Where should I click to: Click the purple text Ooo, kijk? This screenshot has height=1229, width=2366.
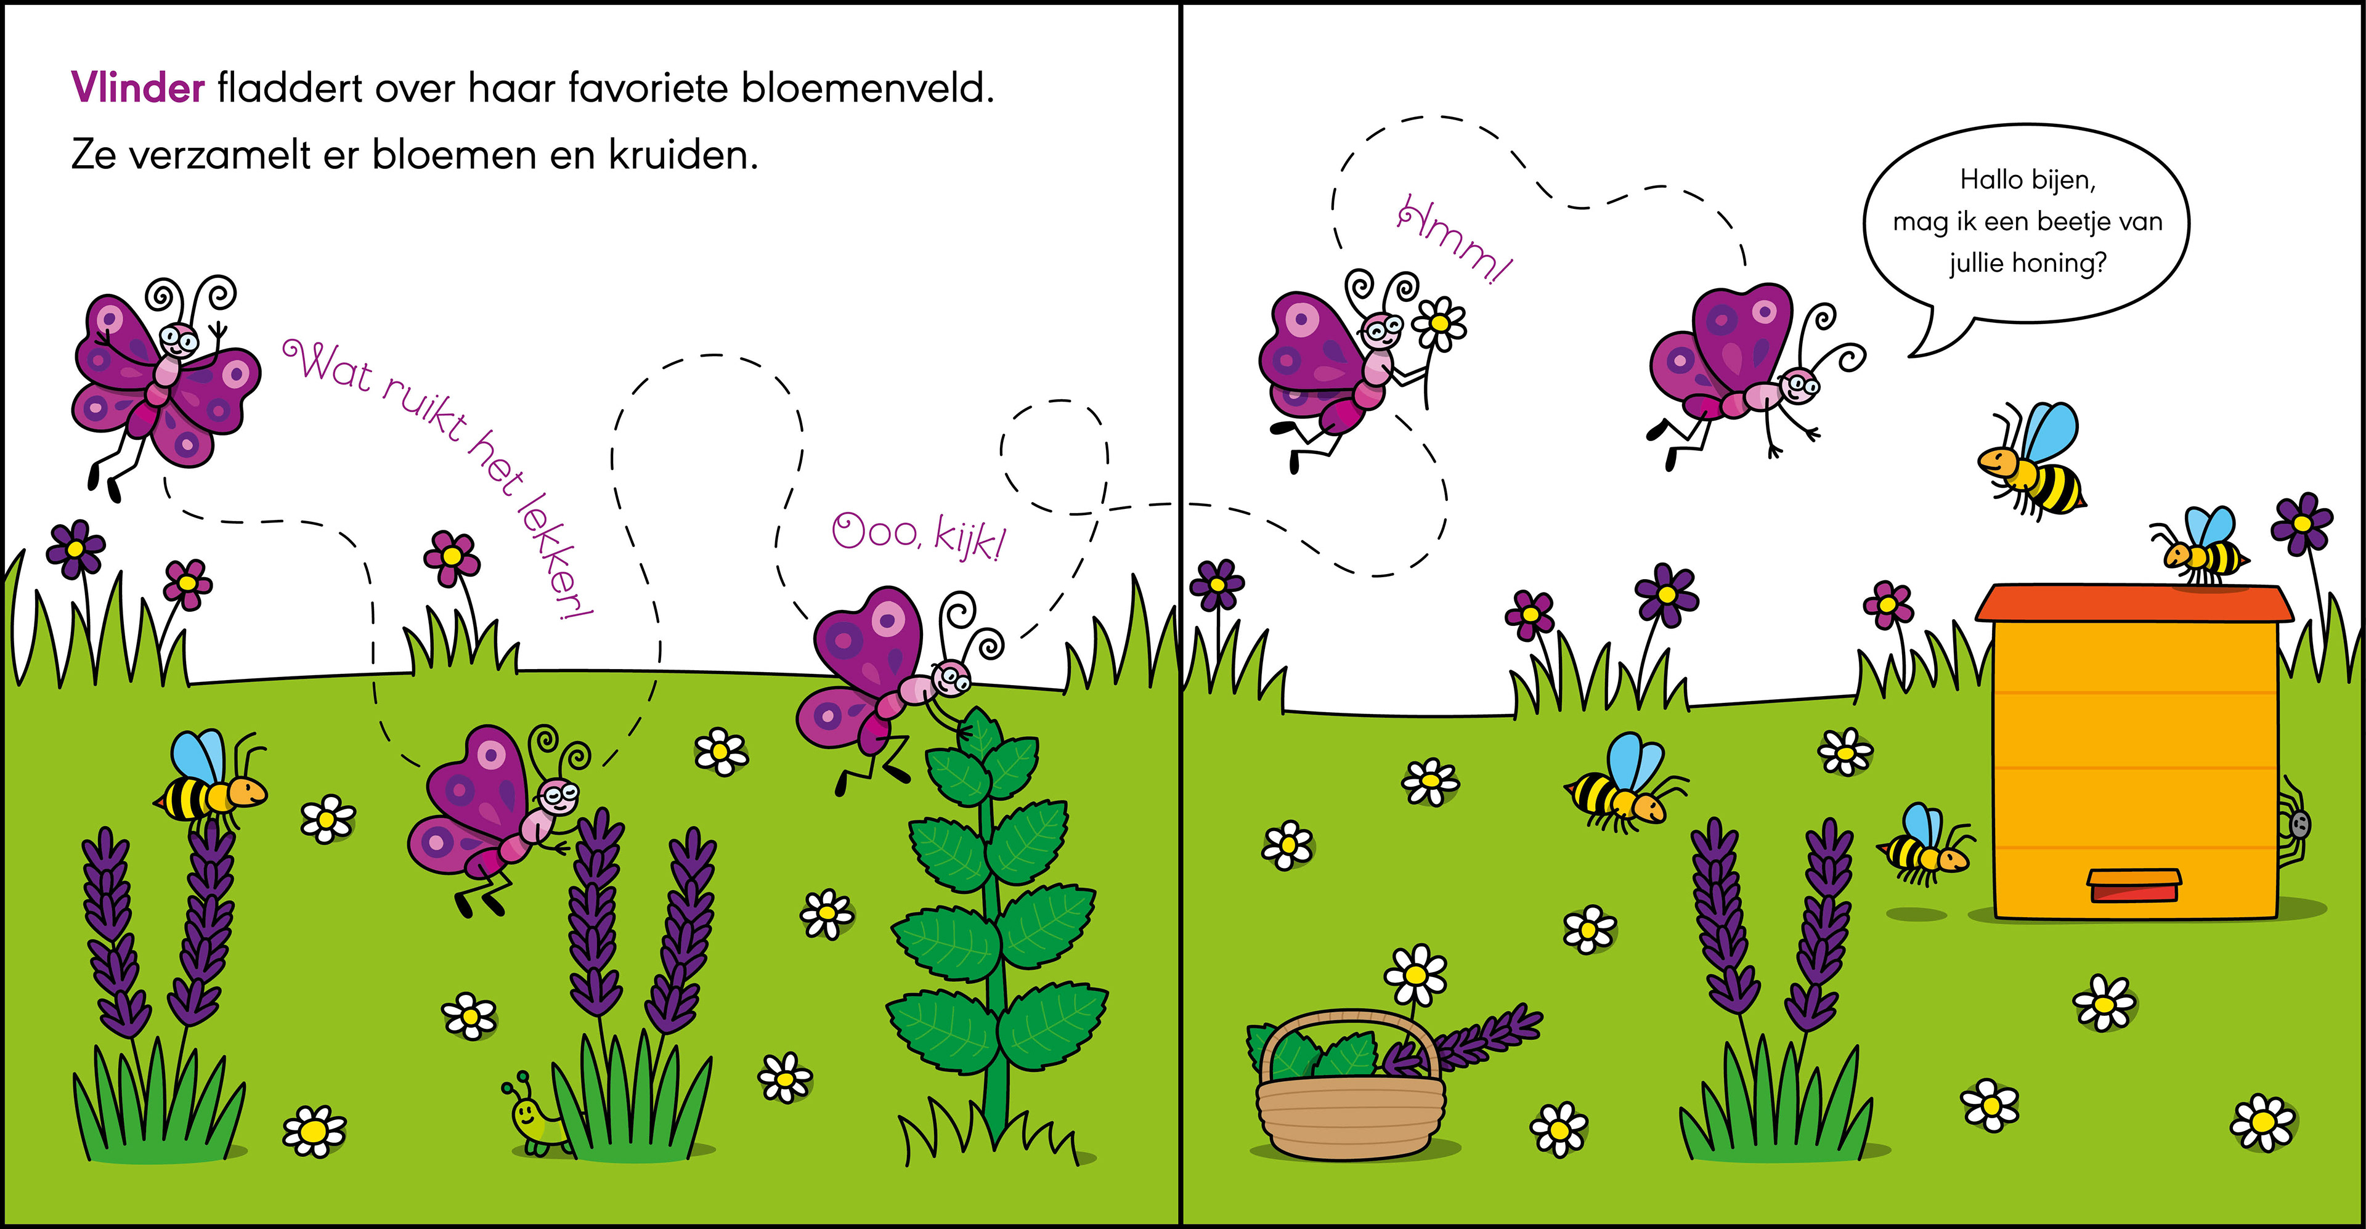coord(919,535)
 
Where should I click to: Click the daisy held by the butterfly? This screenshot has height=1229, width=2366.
coord(1439,323)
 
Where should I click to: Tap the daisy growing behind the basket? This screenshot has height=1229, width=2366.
coord(1415,973)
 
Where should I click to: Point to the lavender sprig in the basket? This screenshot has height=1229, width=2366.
coord(1470,1038)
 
